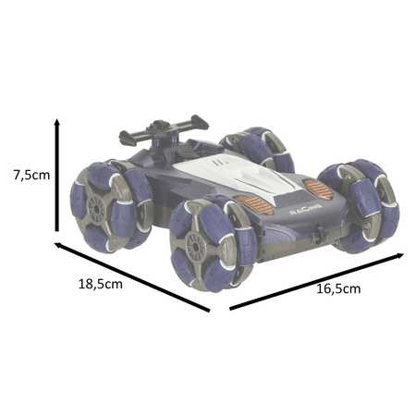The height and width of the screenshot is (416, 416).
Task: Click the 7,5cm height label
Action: point(31,175)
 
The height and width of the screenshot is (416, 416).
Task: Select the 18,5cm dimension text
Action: point(101,284)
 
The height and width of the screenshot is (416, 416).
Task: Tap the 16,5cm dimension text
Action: point(338,288)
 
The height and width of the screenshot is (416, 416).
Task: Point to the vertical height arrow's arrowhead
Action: point(56,122)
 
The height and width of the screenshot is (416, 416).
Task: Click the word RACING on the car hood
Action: point(306,209)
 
